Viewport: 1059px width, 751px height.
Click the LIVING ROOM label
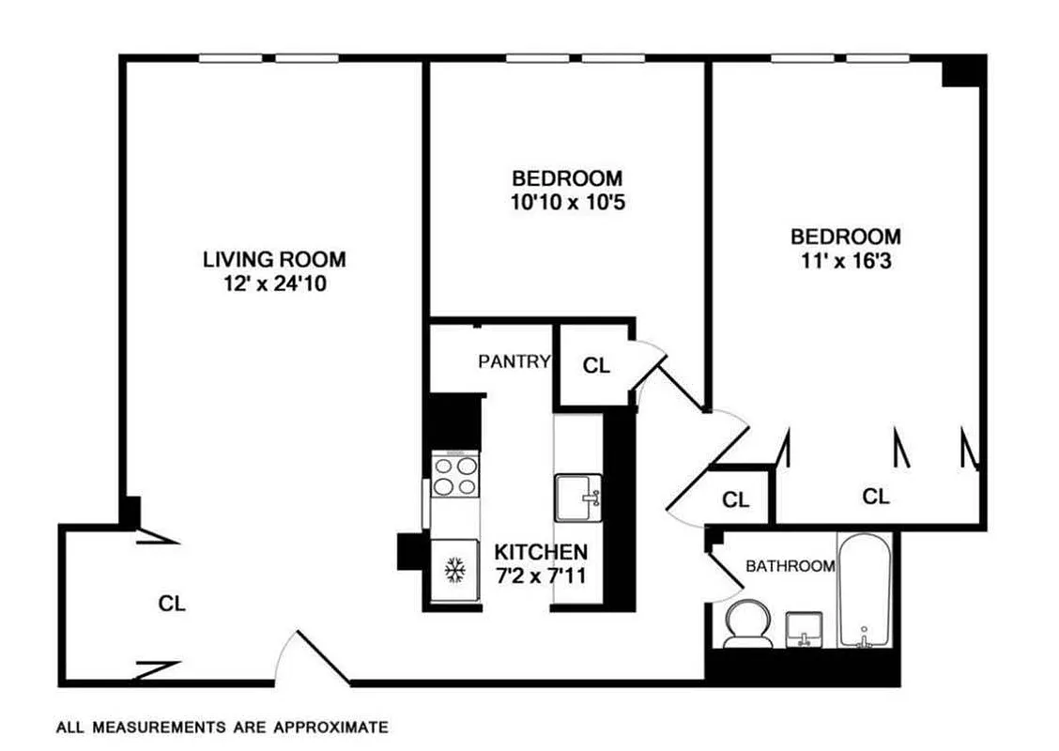coord(274,258)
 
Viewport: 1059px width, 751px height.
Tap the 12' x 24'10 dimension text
coord(274,282)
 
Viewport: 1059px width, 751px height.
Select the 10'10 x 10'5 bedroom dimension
coord(566,201)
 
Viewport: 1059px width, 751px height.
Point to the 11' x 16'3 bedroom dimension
coord(845,260)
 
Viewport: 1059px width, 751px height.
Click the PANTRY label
coord(514,361)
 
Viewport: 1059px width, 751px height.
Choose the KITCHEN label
coord(542,552)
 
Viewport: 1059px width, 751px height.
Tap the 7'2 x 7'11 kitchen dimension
coord(542,575)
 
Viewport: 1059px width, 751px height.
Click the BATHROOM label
coord(790,566)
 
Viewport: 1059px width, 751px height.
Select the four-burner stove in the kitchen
coord(454,474)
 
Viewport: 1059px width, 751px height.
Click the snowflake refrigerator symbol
coord(454,570)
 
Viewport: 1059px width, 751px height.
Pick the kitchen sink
coord(577,497)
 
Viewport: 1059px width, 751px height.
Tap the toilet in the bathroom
coord(748,624)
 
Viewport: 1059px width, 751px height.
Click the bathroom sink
coord(803,628)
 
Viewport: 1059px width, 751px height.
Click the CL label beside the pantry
coord(596,366)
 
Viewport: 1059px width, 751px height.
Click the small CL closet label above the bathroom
coord(736,500)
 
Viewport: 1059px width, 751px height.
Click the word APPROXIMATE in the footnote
coord(330,727)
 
